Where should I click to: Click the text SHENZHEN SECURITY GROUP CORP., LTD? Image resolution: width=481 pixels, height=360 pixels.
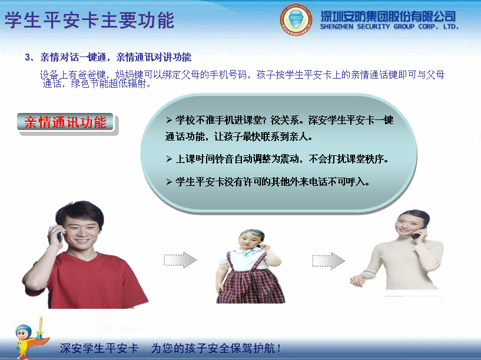(389, 26)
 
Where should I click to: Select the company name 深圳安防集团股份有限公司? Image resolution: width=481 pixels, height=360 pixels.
(389, 16)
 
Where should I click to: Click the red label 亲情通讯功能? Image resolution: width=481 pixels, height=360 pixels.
(65, 122)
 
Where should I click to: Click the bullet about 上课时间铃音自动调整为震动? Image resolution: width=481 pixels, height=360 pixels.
(277, 159)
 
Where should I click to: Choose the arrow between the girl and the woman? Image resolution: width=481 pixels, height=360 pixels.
(328, 261)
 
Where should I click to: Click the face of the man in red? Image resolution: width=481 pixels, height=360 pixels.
(79, 226)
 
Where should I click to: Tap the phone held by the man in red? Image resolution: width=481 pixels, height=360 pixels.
(59, 236)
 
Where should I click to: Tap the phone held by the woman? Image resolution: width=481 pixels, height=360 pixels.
(417, 234)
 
